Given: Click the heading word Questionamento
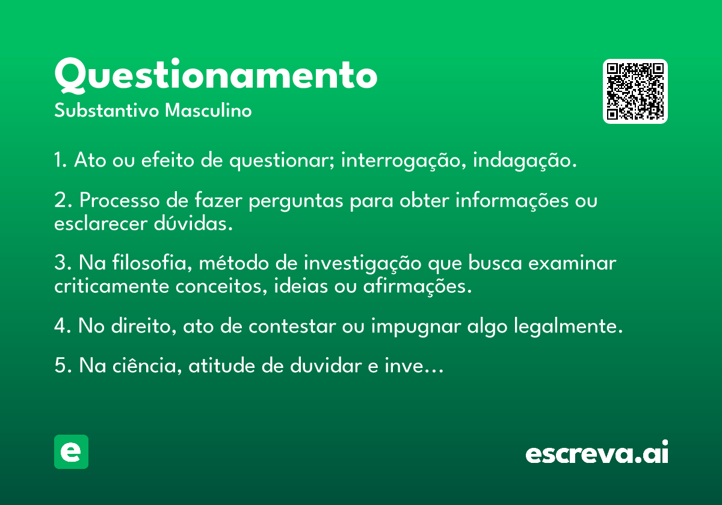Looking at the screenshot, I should pyautogui.click(x=215, y=76).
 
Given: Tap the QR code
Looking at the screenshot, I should pyautogui.click(x=635, y=91).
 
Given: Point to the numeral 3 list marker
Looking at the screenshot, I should pyautogui.click(x=59, y=263).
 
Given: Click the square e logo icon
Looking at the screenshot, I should pyautogui.click(x=71, y=451).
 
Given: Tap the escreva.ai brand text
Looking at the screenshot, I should pyautogui.click(x=597, y=453).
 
